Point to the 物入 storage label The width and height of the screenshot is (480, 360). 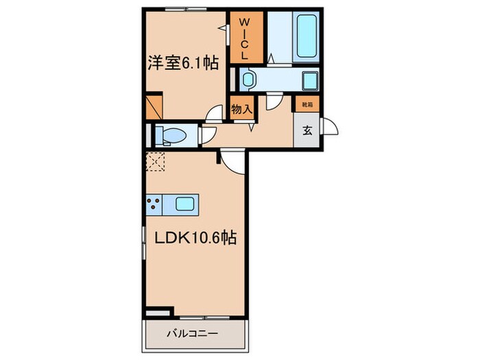(241, 109)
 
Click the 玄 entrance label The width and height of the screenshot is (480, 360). (307, 132)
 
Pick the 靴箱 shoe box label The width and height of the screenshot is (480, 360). (306, 106)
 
